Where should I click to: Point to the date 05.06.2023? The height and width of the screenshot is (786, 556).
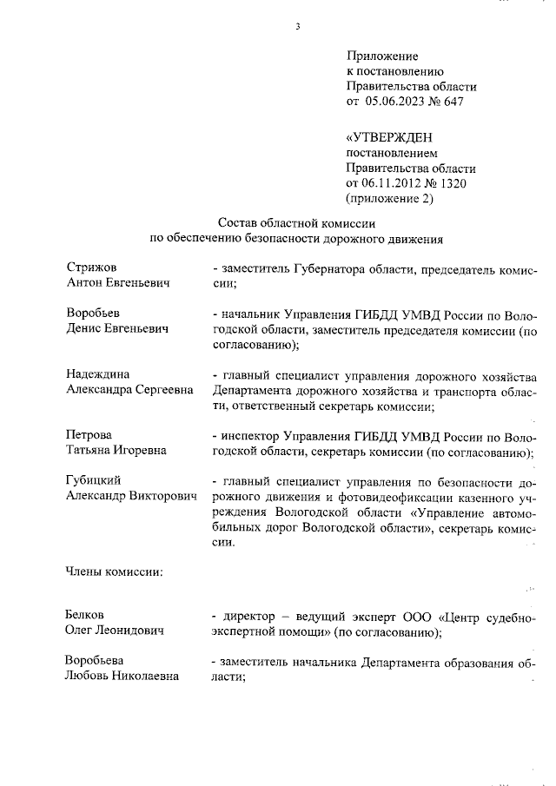pos(398,102)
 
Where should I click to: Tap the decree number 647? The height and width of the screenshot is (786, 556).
pos(453,102)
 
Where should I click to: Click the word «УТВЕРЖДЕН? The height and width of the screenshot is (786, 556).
pos(389,136)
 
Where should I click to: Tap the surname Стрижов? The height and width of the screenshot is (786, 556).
pos(91,268)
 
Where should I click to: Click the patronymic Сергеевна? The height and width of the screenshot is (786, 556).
pos(164,390)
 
